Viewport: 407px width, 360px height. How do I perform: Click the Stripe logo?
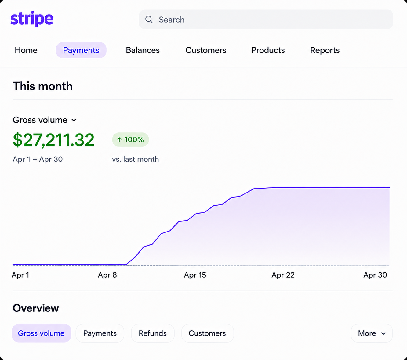click(32, 19)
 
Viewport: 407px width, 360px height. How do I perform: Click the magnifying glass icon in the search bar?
click(149, 20)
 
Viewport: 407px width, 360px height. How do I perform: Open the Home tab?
click(26, 50)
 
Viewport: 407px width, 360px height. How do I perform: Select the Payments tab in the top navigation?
click(81, 50)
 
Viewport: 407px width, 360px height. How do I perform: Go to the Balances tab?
click(143, 50)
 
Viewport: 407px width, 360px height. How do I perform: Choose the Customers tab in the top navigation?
click(206, 50)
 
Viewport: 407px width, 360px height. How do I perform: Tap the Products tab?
click(268, 50)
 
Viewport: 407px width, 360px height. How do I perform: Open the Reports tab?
click(325, 50)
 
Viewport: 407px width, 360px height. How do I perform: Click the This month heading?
click(42, 86)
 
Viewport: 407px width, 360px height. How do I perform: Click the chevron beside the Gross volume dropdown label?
click(74, 120)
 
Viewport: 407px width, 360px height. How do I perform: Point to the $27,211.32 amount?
click(53, 140)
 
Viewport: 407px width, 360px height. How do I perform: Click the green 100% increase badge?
click(130, 139)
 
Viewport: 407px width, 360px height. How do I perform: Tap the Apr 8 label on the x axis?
click(107, 275)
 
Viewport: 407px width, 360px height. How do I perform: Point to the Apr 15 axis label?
click(195, 275)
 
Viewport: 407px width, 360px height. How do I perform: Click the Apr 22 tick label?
click(283, 275)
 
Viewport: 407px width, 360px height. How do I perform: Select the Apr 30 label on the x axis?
click(375, 275)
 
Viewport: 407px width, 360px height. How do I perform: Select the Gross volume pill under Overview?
click(42, 333)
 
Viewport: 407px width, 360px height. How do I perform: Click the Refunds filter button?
click(153, 333)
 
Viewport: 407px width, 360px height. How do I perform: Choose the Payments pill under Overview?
click(100, 333)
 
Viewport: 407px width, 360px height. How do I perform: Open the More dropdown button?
click(372, 333)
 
